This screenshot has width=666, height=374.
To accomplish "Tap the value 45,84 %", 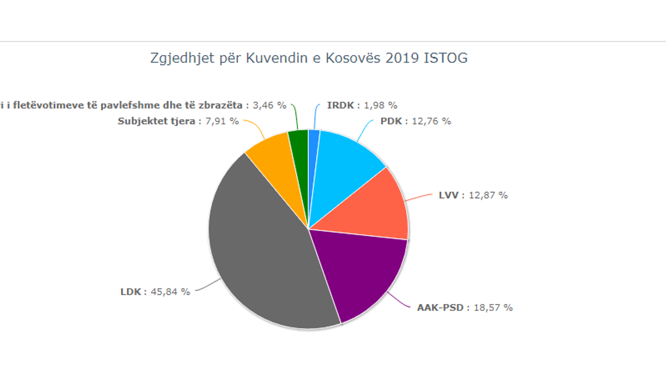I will [171, 292].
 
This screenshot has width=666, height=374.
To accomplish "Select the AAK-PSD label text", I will [443, 308].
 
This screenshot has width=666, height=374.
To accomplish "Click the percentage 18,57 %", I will [493, 308].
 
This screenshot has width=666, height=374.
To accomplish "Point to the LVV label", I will [449, 196].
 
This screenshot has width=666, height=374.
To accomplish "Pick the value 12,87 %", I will [488, 196].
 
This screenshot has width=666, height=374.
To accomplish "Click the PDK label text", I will [391, 121].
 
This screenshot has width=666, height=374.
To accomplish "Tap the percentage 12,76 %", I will [431, 121].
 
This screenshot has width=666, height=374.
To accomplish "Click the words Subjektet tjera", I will [156, 121].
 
